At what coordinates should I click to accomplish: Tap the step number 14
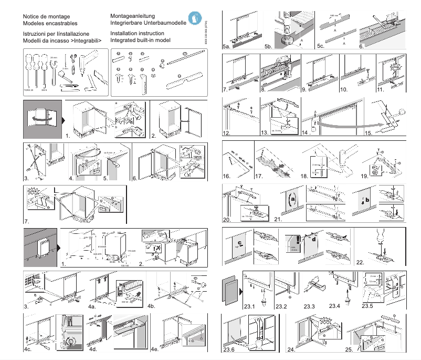(x=306, y=133)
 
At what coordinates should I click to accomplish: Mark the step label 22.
(x=361, y=262)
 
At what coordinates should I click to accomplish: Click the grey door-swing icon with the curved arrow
(x=41, y=118)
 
